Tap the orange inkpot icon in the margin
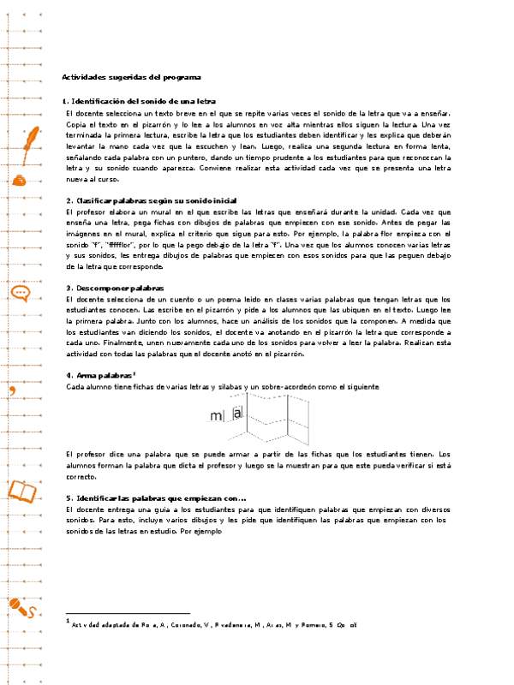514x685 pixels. [20, 179]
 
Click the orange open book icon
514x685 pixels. [22, 491]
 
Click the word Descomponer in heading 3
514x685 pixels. [98, 288]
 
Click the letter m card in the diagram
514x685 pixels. [216, 416]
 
